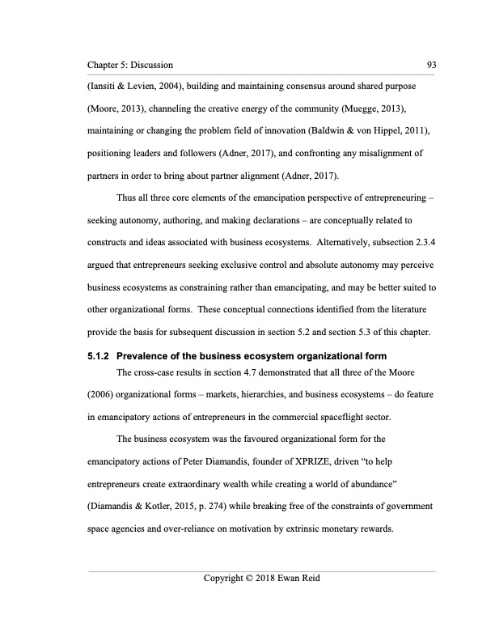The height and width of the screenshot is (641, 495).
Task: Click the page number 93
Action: (x=429, y=64)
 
